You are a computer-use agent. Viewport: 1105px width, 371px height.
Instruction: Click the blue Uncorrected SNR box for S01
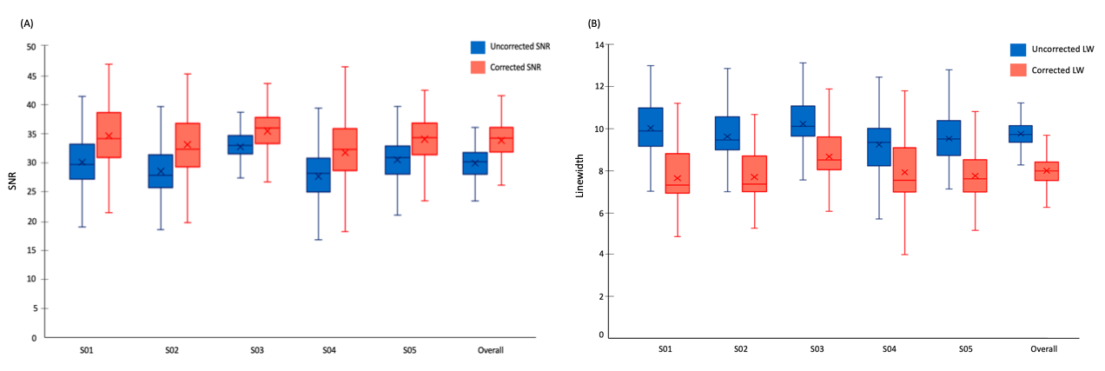coord(83,161)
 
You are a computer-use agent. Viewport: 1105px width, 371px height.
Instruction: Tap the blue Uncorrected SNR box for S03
coord(240,144)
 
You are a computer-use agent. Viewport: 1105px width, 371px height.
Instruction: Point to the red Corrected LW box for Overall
coord(1045,170)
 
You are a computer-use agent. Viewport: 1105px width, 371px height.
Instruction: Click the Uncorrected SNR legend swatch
coord(478,48)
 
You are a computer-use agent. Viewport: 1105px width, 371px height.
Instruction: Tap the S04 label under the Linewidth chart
coord(889,348)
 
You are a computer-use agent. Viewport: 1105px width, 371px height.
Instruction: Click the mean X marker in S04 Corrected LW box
coord(904,172)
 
